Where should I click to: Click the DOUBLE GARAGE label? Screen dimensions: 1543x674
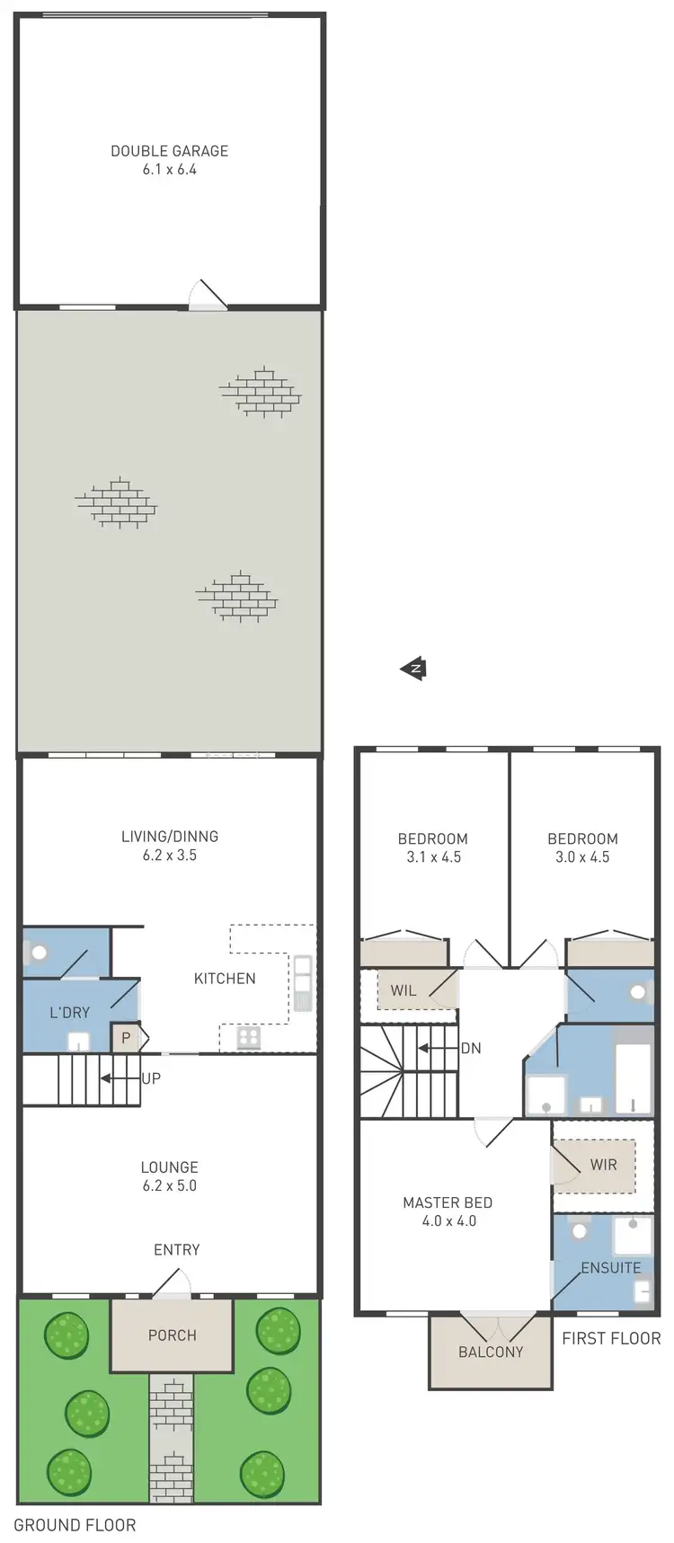point(169,151)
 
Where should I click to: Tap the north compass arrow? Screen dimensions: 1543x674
point(413,669)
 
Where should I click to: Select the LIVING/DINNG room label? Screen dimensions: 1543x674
point(169,837)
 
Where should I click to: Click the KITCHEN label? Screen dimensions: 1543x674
point(225,979)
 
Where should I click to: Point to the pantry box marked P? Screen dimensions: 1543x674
point(126,1038)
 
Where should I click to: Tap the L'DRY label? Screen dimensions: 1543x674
point(70,1013)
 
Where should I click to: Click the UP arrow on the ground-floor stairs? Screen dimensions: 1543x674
point(119,1078)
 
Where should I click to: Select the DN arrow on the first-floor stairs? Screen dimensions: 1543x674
point(438,1048)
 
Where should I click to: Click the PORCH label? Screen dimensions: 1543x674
point(172,1335)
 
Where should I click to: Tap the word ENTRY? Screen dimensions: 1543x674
point(176,1250)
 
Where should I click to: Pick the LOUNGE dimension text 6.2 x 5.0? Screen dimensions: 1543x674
point(169,1186)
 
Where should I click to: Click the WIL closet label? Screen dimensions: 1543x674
point(404,990)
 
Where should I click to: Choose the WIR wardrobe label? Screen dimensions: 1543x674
point(603,1165)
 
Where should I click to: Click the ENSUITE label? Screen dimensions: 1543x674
point(611,1268)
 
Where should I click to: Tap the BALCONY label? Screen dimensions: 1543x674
point(491,1352)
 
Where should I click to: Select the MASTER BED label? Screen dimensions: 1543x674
point(448,1202)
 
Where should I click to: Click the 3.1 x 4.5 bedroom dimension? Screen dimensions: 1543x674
point(433,857)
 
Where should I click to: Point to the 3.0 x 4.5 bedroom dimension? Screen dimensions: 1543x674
point(582,857)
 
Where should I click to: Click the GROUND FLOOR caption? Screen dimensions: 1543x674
point(75,1525)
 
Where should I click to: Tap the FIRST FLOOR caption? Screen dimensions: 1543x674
point(611,1338)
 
